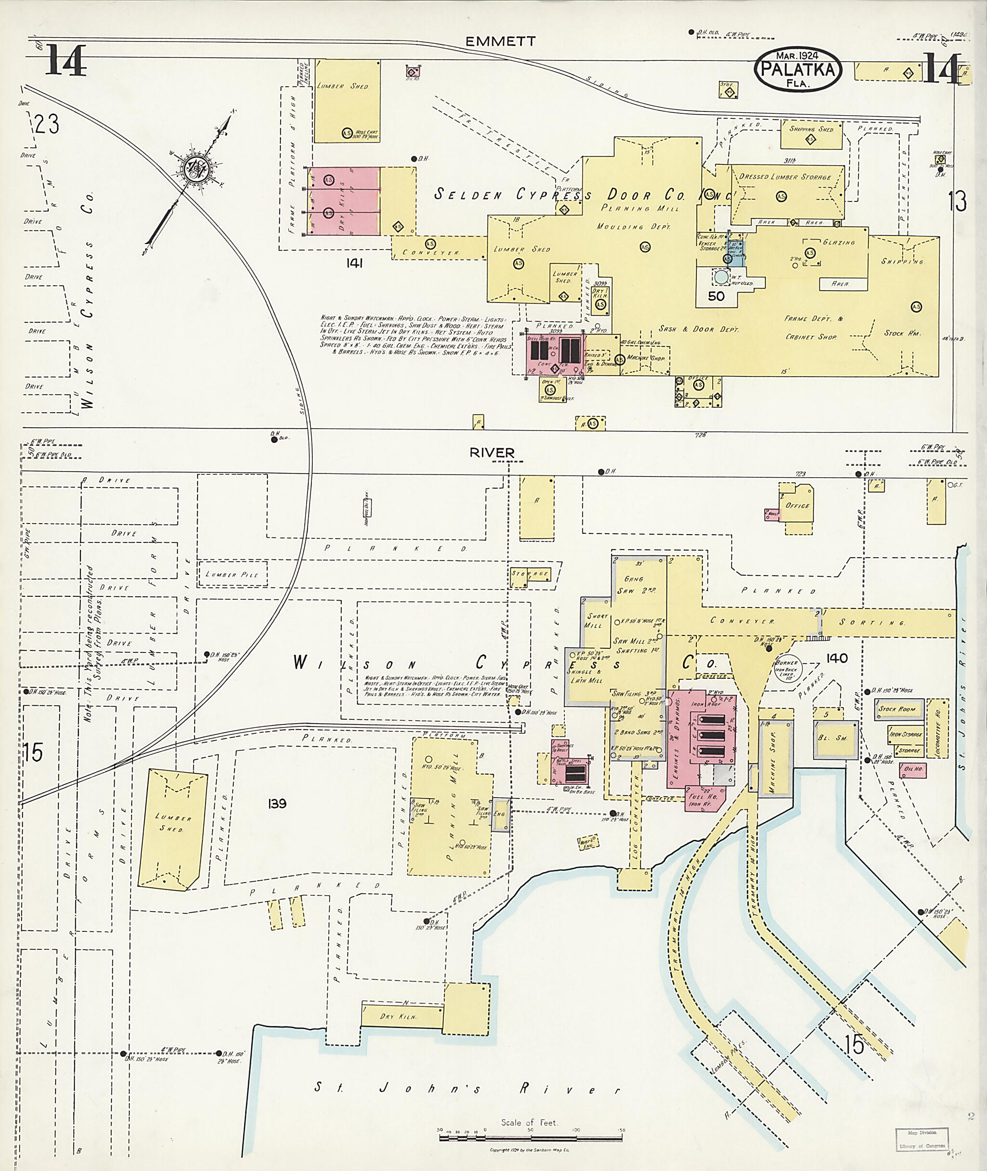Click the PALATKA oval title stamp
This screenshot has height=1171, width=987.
pyautogui.click(x=798, y=69)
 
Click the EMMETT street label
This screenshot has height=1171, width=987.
pyautogui.click(x=500, y=41)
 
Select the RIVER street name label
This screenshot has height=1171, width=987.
pyautogui.click(x=492, y=452)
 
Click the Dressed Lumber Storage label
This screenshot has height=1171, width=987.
pyautogui.click(x=785, y=177)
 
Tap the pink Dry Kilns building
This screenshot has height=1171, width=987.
pyautogui.click(x=343, y=201)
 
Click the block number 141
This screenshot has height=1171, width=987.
pyautogui.click(x=354, y=263)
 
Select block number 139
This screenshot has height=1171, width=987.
pyautogui.click(x=277, y=803)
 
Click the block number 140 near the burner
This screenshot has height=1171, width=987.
pyautogui.click(x=837, y=658)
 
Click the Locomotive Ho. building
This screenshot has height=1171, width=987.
pyautogui.click(x=937, y=727)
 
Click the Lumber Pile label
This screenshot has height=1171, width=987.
pyautogui.click(x=232, y=574)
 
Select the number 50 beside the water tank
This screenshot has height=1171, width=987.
pyautogui.click(x=716, y=296)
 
